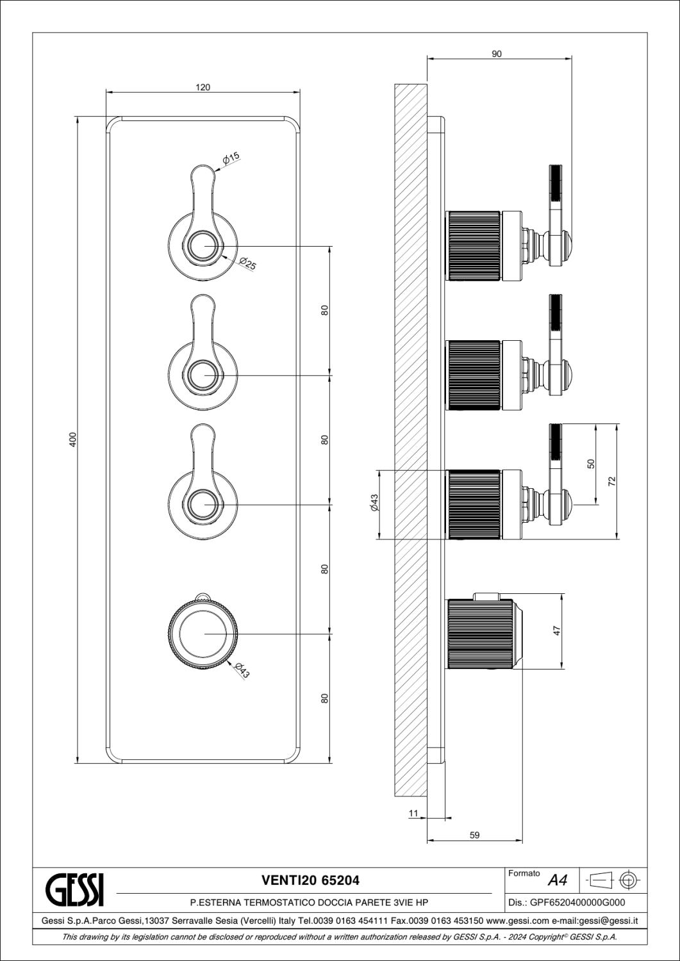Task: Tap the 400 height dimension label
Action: (x=73, y=439)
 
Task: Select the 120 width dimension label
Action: (x=203, y=88)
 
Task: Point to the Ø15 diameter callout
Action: (x=231, y=158)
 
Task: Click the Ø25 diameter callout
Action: (x=247, y=263)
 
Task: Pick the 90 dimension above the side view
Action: (x=496, y=54)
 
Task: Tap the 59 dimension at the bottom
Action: (x=474, y=835)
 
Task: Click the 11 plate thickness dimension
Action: (x=413, y=814)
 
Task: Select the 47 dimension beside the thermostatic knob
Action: (x=557, y=631)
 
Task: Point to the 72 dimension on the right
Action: (x=612, y=481)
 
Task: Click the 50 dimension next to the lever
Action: (x=591, y=464)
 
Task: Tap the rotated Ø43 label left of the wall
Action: (x=374, y=502)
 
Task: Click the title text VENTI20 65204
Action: (x=311, y=881)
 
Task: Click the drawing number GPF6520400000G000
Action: (x=578, y=903)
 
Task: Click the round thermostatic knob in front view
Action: (x=203, y=634)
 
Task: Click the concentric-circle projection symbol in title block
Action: (x=628, y=881)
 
